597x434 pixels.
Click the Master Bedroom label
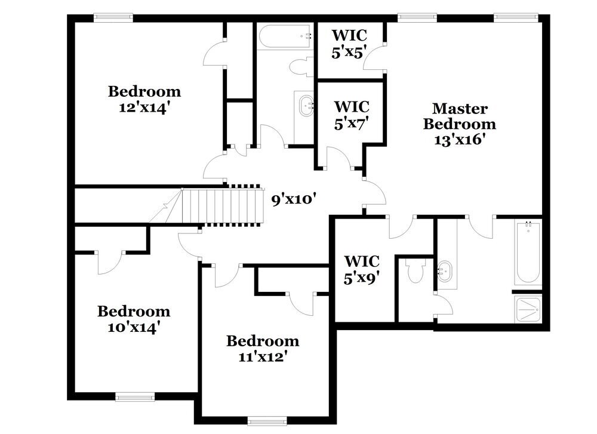[x=459, y=116]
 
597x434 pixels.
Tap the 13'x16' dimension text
[x=459, y=140]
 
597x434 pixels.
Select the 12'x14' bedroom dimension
[x=144, y=107]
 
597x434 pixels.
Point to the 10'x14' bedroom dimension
[x=134, y=327]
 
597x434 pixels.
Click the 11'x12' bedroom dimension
[x=262, y=357]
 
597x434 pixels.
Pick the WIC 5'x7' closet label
[x=351, y=114]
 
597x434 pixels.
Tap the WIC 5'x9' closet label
[x=362, y=269]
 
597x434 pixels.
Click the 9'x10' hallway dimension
[x=293, y=199]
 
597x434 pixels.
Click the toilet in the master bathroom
[x=413, y=272]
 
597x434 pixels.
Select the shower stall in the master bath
[x=528, y=308]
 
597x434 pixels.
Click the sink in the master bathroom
[x=445, y=272]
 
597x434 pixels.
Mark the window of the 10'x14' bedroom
[x=134, y=395]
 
